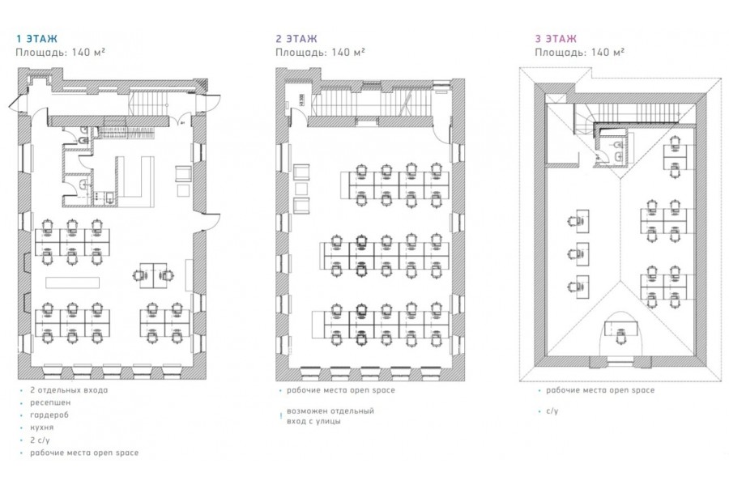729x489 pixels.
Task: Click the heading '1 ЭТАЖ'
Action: click(x=36, y=38)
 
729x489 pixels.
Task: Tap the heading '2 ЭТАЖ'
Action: click(x=296, y=38)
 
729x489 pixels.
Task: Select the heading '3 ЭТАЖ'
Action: click(x=556, y=38)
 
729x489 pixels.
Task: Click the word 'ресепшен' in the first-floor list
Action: click(x=50, y=402)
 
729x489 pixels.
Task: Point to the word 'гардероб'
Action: click(x=49, y=415)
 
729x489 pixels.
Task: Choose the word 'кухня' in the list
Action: click(x=42, y=427)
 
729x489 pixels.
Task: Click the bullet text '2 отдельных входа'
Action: click(x=69, y=390)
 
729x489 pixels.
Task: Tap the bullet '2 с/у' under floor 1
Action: click(x=40, y=440)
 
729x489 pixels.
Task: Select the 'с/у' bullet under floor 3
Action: click(x=552, y=411)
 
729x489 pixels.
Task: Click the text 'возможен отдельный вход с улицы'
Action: click(x=330, y=416)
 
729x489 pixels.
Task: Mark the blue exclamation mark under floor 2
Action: click(x=280, y=416)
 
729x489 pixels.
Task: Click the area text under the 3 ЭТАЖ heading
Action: click(x=579, y=52)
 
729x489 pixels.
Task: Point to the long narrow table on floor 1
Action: click(x=73, y=283)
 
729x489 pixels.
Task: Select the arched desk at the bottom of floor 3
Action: click(x=621, y=327)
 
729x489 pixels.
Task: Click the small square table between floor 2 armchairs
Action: click(x=301, y=189)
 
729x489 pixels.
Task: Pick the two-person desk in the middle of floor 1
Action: click(x=153, y=270)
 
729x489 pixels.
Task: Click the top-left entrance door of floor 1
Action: click(x=18, y=103)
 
